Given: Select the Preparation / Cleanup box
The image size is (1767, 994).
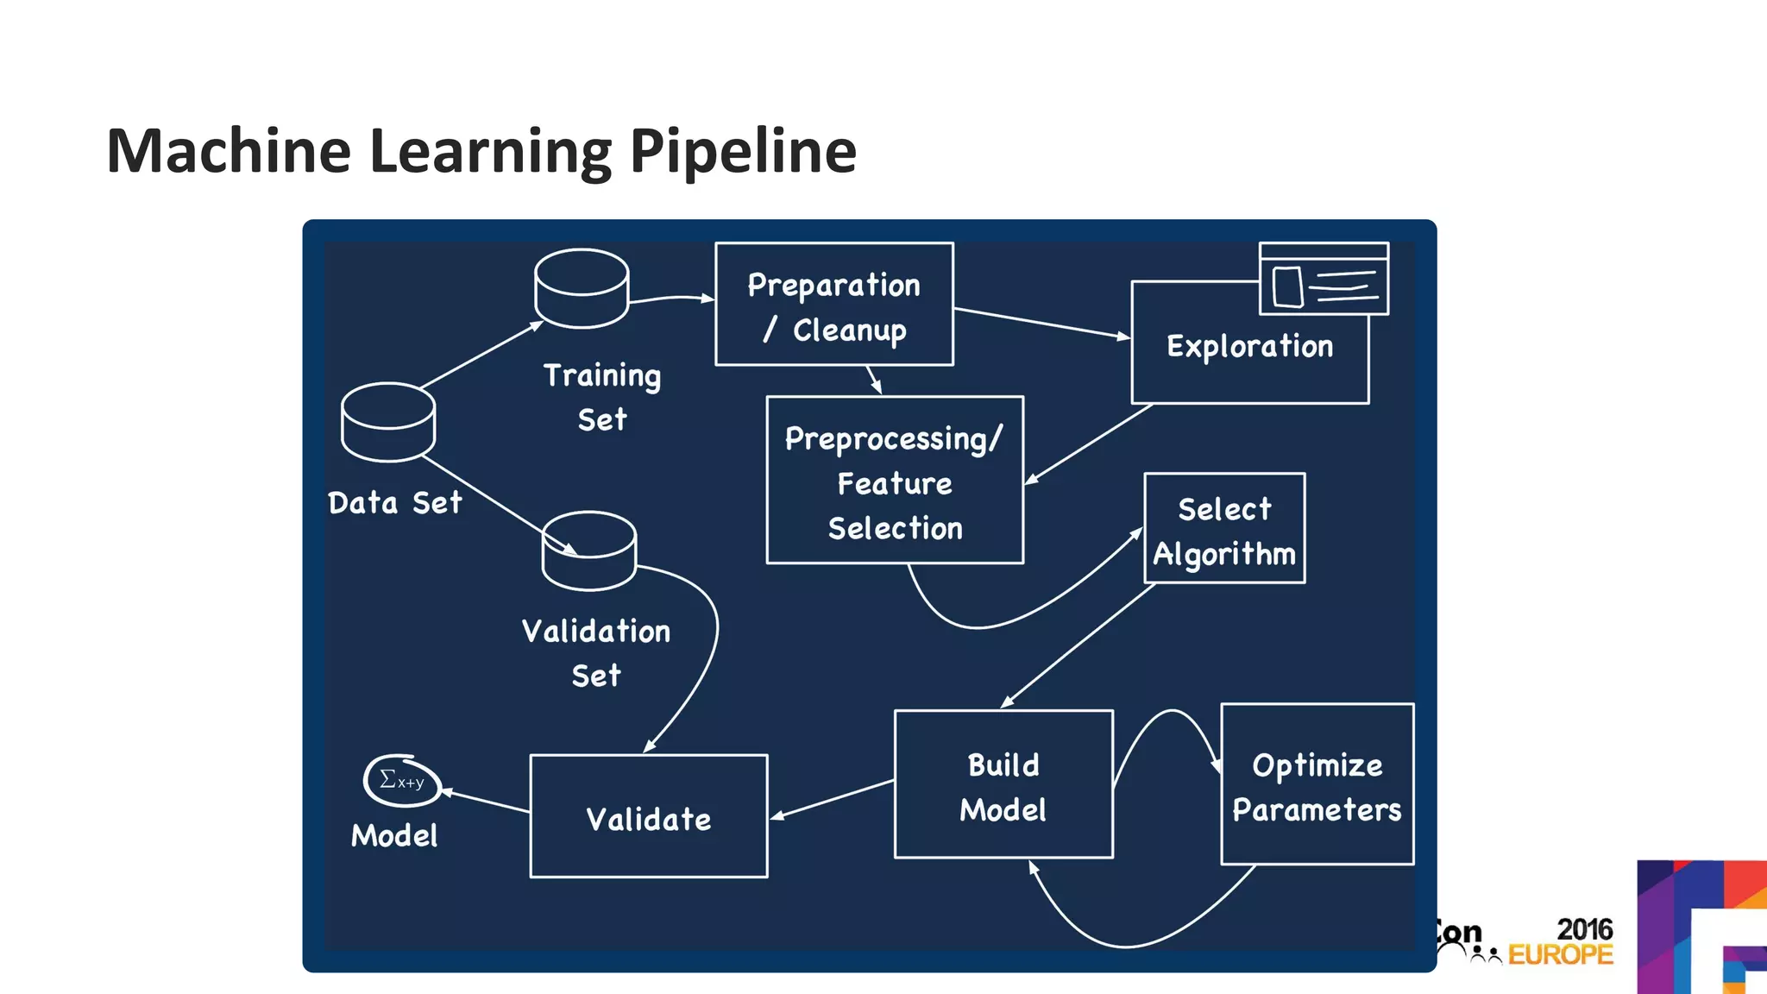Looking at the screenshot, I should pos(833,305).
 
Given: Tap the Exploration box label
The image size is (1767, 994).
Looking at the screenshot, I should pos(1249,347).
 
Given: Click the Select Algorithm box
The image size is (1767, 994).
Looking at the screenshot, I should pos(1223,529).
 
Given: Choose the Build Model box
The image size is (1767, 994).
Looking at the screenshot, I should pos(1003,785).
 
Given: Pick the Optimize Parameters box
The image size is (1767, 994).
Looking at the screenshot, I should pos(1317,785).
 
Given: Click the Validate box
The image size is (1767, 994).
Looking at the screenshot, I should pos(648,817).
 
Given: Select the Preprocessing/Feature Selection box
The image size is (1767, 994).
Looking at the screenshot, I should pos(895,481).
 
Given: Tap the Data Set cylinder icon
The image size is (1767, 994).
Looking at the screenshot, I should pos(388,422).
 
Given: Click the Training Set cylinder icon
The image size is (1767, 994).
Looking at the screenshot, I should pos(582,289).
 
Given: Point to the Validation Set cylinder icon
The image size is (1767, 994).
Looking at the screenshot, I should pos(589,551).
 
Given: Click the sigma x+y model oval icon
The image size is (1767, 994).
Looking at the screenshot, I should pos(402,781).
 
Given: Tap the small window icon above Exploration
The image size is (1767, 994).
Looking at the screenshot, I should pos(1324,279).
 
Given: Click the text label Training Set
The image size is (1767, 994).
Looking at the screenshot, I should pos(602,397).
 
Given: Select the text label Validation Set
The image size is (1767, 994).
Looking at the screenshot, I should pos(595,652).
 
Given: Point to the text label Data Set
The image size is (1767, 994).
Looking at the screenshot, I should pos(395,503).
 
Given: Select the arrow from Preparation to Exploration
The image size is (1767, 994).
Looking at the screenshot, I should pos(1041,323).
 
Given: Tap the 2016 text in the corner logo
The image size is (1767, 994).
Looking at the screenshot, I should pos(1584,929).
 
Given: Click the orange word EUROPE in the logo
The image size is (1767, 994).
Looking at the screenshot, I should pos(1560,955).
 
